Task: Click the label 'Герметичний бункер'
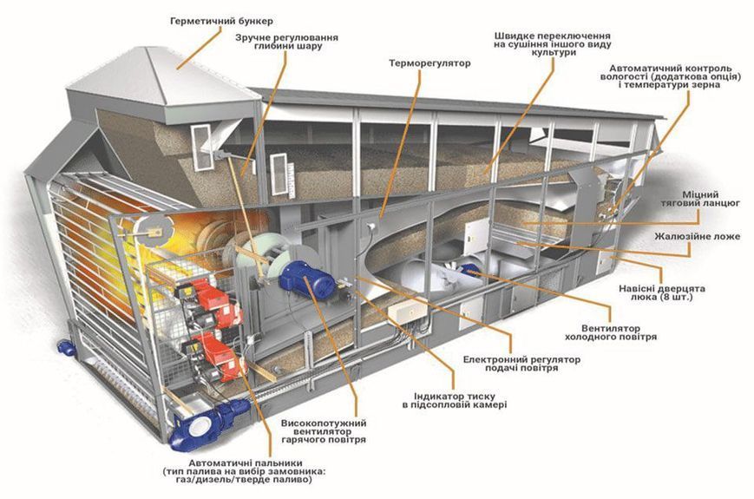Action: coord(221,21)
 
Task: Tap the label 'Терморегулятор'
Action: coord(429,63)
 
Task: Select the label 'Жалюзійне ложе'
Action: coord(698,237)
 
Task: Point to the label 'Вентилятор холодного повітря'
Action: coord(611,332)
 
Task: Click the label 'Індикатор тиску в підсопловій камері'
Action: coord(455,400)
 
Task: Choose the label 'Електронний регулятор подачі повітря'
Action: coord(521,364)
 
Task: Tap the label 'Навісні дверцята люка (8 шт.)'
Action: coord(662,292)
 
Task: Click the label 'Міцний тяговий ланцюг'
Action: coord(700,199)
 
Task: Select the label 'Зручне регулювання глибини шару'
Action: coord(286,42)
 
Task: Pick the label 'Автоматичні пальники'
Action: coord(246,463)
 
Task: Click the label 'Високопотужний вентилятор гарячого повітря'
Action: coord(323,431)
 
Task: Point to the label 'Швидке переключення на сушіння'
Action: coord(553,40)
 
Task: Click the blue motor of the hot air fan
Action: coord(307,279)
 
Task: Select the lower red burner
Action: coord(216,356)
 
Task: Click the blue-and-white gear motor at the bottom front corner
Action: coord(207,423)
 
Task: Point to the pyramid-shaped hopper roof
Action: coord(163,77)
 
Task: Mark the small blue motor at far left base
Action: coord(65,347)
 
